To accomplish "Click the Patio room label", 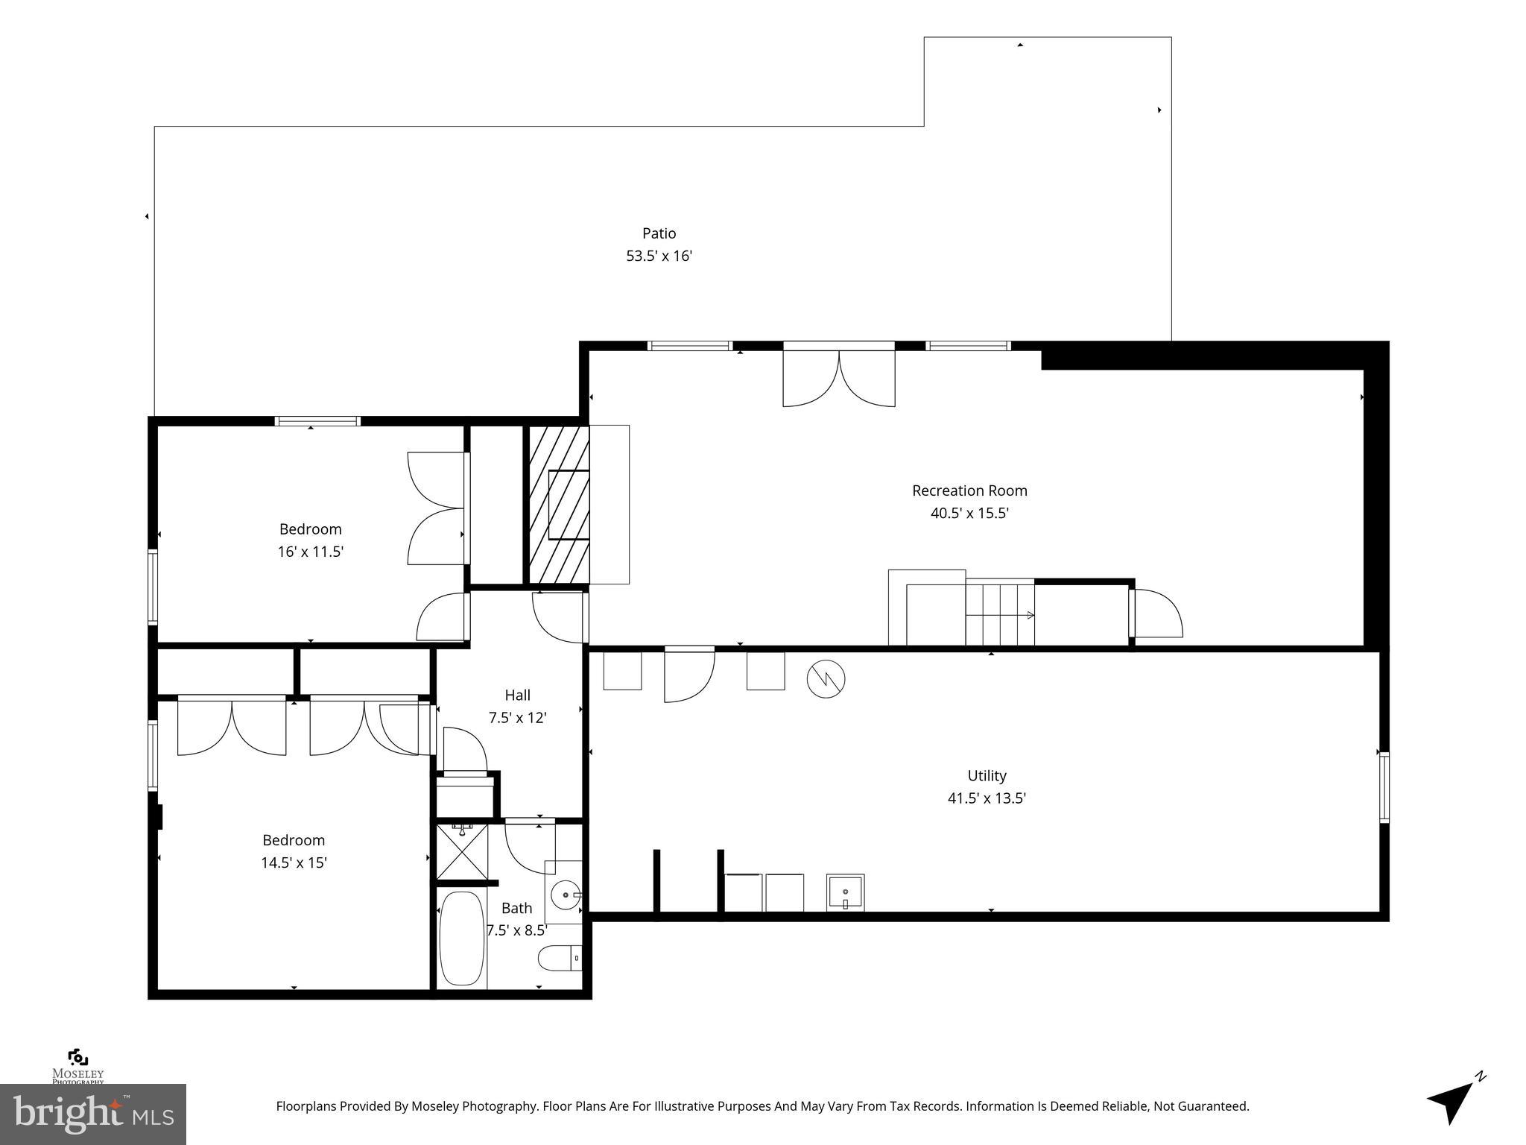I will (x=659, y=233).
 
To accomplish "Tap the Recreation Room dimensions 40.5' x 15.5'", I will (x=969, y=513).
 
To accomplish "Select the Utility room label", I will (x=987, y=775).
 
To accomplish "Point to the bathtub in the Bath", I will (x=461, y=939).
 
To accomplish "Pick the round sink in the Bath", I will (x=567, y=894).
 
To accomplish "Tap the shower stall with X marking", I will (x=463, y=851).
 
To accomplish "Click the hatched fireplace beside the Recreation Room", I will (x=559, y=504).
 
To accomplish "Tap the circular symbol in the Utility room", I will (x=826, y=679).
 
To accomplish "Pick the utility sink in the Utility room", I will (x=845, y=892).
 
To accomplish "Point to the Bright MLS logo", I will (x=92, y=1114).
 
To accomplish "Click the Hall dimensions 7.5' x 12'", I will (x=517, y=718).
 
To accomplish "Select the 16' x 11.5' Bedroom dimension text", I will (x=310, y=552).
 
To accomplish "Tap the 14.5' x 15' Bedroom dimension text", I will (x=294, y=862).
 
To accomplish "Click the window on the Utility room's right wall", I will (x=1384, y=787).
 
